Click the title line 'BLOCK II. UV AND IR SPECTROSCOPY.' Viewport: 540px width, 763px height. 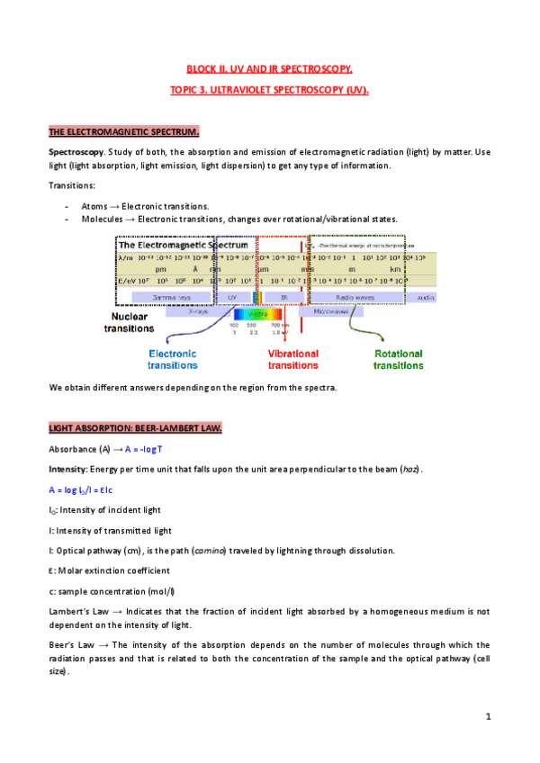[x=270, y=67]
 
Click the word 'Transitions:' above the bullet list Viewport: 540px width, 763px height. [x=72, y=185]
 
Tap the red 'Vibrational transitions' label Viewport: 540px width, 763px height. [x=293, y=360]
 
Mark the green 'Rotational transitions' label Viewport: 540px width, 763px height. [x=399, y=360]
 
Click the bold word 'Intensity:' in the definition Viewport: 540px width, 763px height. [x=68, y=470]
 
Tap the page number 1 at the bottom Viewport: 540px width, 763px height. [x=487, y=716]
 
